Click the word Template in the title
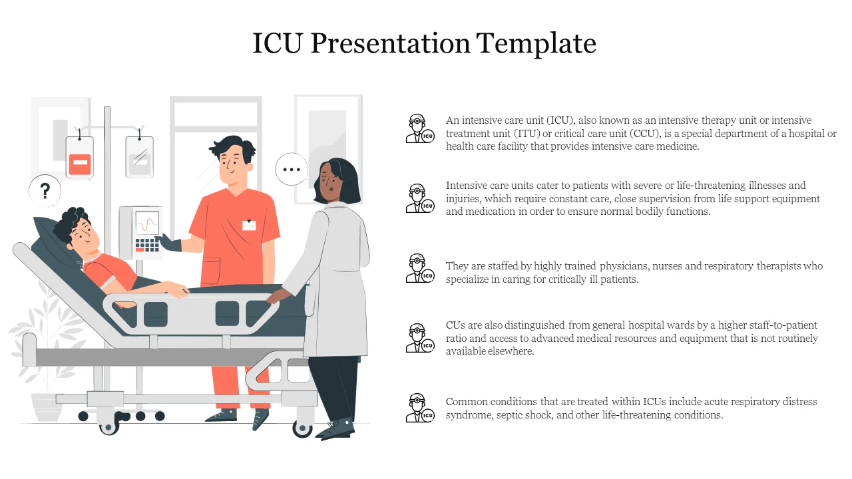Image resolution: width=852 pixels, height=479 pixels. pyautogui.click(x=536, y=43)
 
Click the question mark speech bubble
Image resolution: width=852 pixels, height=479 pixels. pyautogui.click(x=45, y=192)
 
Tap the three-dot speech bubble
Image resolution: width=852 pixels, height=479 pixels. pyautogui.click(x=292, y=170)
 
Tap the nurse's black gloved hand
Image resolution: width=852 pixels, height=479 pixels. pyautogui.click(x=170, y=242)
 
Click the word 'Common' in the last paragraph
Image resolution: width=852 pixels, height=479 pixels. pyautogui.click(x=467, y=402)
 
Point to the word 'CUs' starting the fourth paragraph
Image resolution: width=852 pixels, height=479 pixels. pyautogui.click(x=455, y=325)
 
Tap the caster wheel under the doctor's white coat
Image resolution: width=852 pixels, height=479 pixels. pyautogui.click(x=303, y=428)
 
